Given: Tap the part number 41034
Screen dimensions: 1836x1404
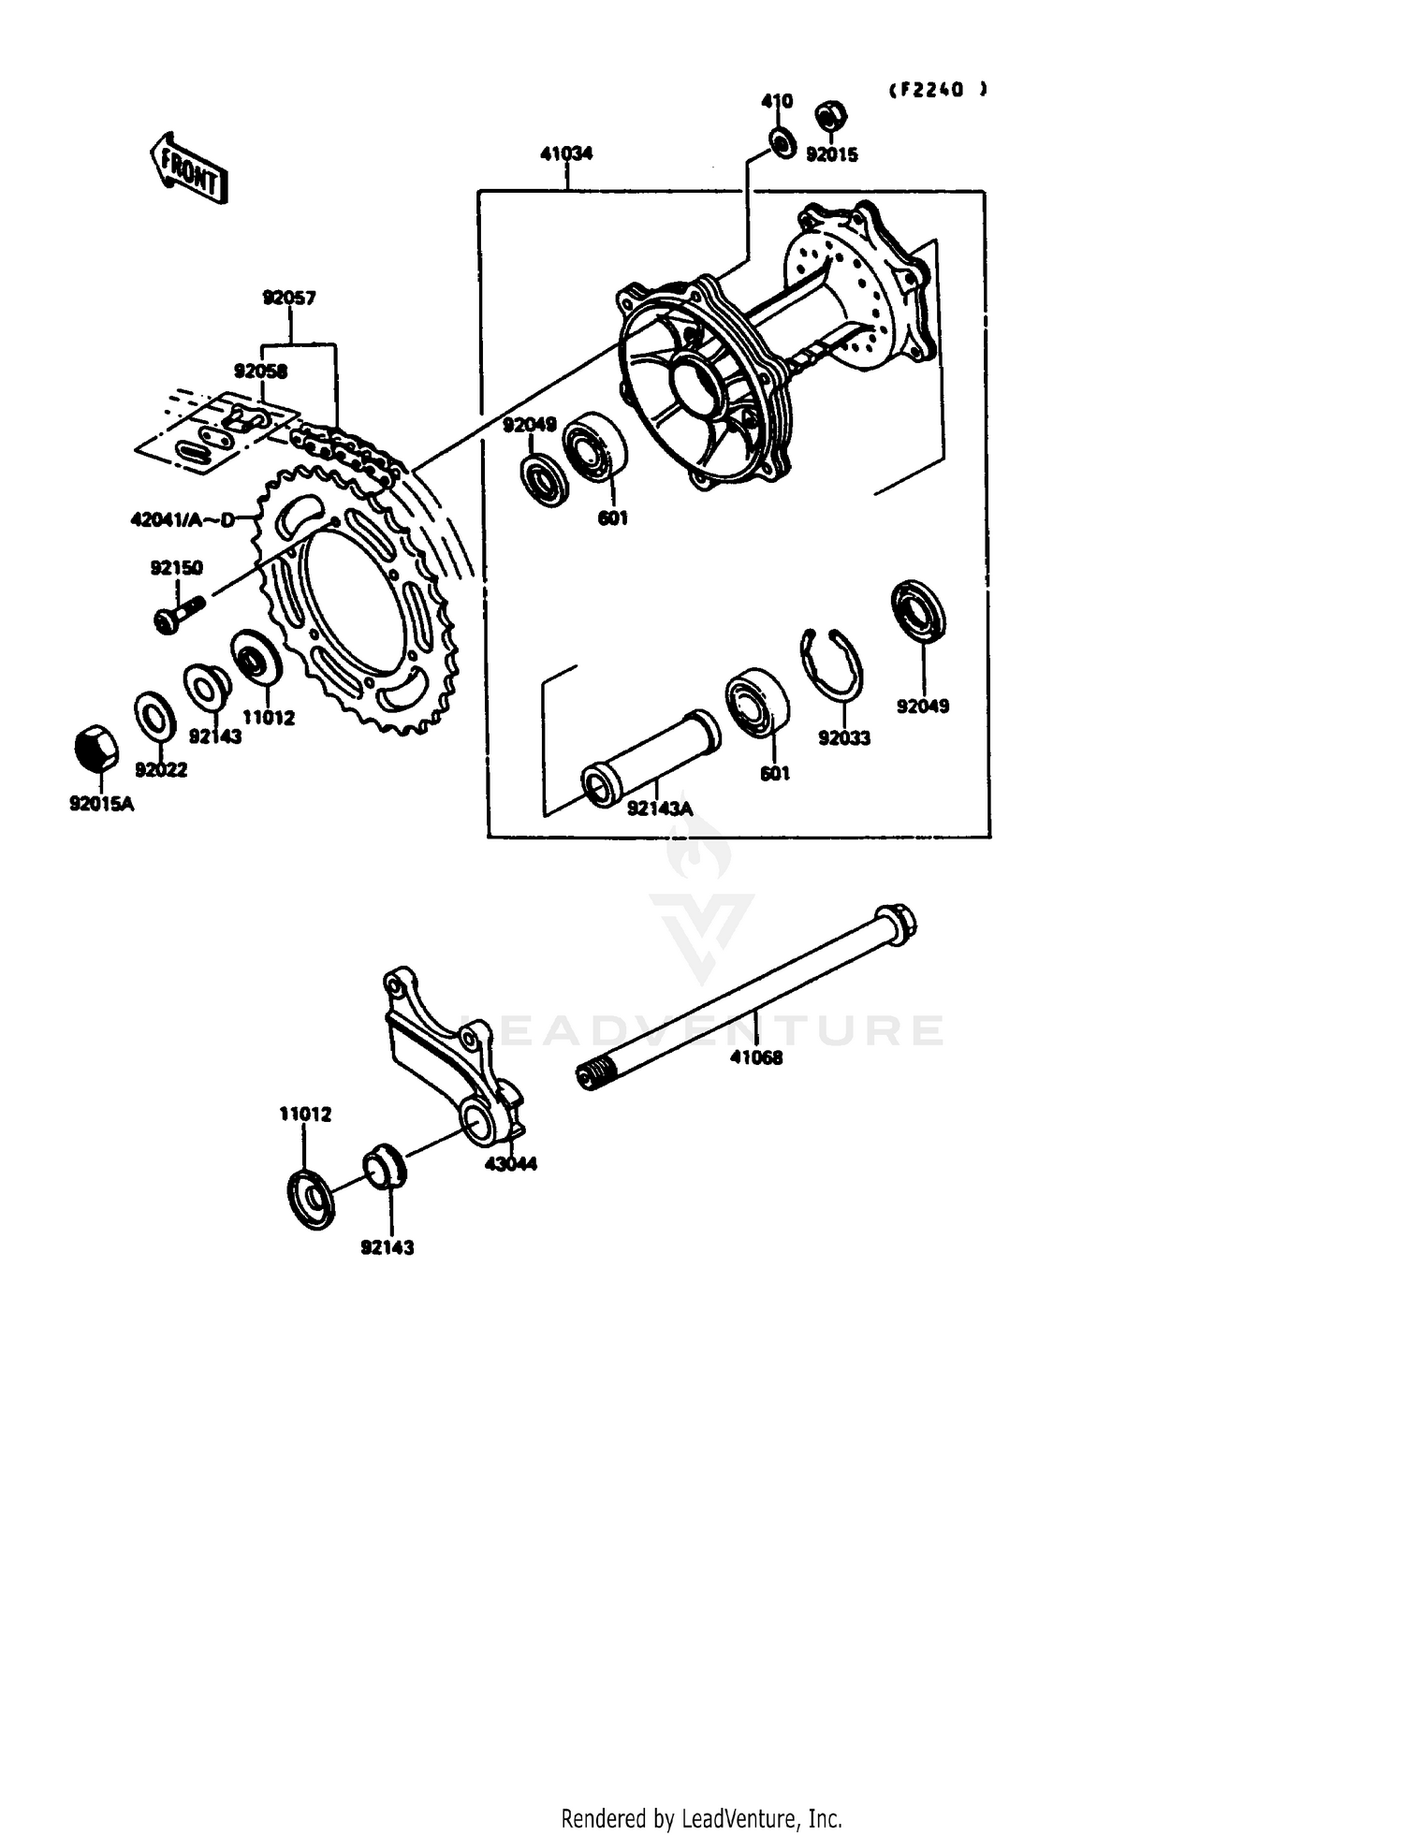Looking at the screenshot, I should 565,153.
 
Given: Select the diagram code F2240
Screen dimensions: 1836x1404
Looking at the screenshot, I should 937,90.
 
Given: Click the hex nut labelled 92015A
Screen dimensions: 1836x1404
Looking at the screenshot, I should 95,749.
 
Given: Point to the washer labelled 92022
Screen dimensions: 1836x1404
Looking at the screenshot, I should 155,716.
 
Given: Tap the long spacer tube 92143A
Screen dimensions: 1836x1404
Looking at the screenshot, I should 651,756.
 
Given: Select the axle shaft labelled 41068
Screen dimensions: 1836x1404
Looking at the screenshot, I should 749,999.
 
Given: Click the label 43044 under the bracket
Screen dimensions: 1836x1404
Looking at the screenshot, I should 510,1164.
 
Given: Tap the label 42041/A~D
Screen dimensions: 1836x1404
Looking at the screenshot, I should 183,519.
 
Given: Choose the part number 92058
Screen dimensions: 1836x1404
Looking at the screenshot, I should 260,372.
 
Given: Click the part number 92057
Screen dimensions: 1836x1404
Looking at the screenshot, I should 288,299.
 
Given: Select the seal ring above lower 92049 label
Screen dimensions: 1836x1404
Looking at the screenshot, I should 918,611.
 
